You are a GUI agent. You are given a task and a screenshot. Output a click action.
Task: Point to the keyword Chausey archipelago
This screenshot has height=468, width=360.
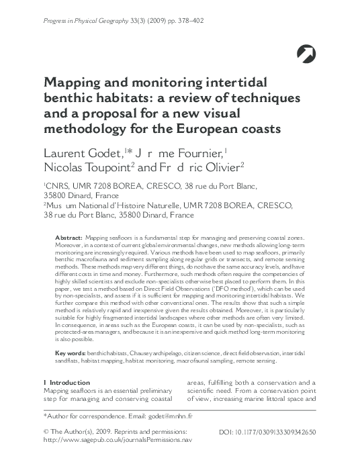click(x=147, y=353)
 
